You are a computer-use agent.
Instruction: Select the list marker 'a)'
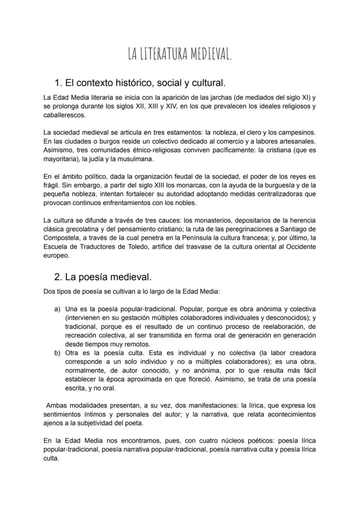(57, 309)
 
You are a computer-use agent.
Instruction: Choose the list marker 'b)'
(57, 352)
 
